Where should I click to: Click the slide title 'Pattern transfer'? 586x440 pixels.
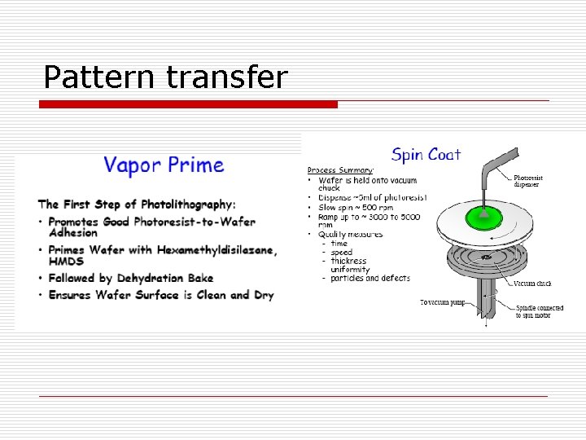[x=165, y=77]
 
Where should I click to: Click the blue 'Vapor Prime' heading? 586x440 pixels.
[x=163, y=165]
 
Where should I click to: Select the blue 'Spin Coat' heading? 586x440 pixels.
[x=426, y=154]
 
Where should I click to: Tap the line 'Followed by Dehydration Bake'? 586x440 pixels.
[x=130, y=278]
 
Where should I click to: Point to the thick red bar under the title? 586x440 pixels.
[x=189, y=104]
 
